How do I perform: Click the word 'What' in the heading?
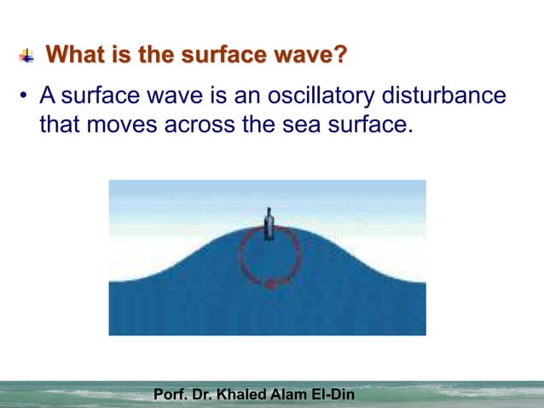75,56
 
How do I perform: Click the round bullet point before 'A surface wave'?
26,96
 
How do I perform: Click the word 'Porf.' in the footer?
171,395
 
